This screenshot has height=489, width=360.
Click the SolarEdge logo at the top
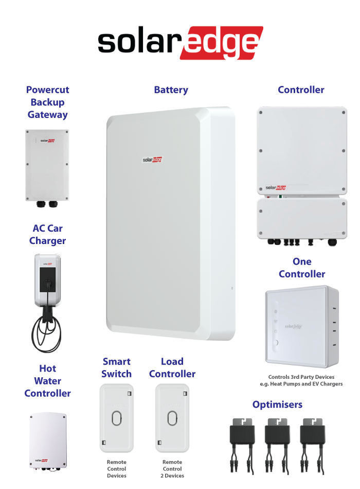(x=180, y=43)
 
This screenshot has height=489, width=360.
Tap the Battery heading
(x=171, y=90)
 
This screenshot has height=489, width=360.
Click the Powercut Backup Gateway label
(x=48, y=102)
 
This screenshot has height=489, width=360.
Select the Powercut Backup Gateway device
(x=47, y=166)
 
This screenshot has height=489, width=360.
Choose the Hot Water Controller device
(x=48, y=441)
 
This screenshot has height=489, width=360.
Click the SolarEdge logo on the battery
(x=152, y=160)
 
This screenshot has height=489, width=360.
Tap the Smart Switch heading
(x=116, y=368)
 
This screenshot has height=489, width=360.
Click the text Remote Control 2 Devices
(x=172, y=469)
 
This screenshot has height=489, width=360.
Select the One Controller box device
(x=302, y=325)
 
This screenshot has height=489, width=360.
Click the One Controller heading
(x=302, y=268)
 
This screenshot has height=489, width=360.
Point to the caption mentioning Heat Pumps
(x=302, y=380)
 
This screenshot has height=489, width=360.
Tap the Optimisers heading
(x=277, y=405)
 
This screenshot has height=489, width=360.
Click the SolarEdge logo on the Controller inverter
(x=276, y=188)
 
